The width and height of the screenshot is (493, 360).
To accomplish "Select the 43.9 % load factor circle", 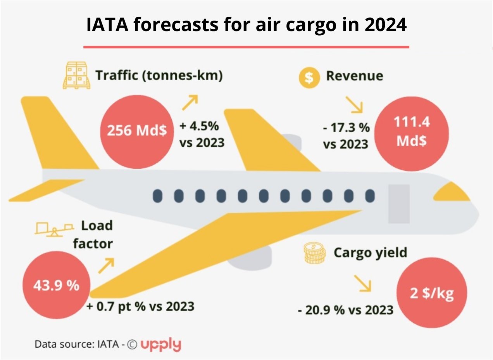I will pos(57,286).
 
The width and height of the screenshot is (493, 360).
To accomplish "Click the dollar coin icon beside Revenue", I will pos(309,77).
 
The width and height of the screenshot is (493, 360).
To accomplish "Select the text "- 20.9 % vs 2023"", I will pos(345,310).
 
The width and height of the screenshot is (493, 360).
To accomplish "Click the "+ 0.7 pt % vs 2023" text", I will pos(140,306).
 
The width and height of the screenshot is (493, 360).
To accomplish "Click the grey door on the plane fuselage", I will pos(399,204).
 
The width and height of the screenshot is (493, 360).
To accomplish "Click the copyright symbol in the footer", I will pos(132,344).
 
